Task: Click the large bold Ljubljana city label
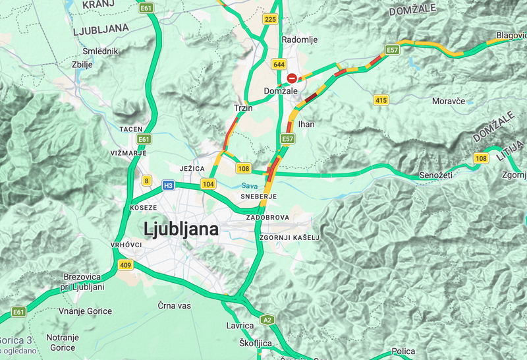pos(180,229)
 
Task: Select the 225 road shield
pos(269,20)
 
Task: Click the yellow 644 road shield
pos(279,64)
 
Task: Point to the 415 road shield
pos(380,100)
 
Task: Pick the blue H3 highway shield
pos(169,186)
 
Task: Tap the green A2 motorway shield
pos(267,320)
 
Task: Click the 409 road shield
pos(125,265)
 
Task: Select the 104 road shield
pos(208,184)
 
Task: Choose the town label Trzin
pos(243,107)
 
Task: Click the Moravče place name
pos(449,102)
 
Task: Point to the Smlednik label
pos(100,51)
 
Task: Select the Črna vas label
pos(174,306)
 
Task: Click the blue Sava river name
pos(249,186)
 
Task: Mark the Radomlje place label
pos(300,40)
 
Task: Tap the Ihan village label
pos(306,124)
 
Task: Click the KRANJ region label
pos(96,5)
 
